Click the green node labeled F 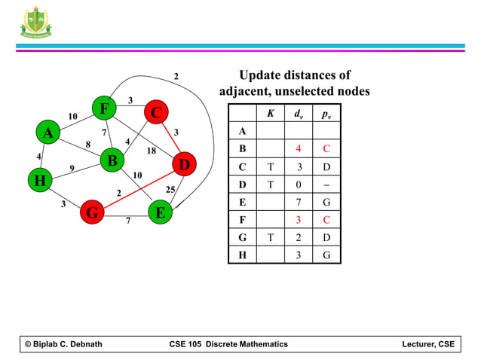(x=104, y=109)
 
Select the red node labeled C (x=156, y=113)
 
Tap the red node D (x=183, y=163)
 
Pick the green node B (x=112, y=160)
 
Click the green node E (x=159, y=213)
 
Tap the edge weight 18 (x=151, y=151)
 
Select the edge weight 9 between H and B (x=71, y=168)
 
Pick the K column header (x=270, y=114)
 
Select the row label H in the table (x=241, y=255)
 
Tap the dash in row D (x=326, y=185)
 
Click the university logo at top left (x=36, y=21)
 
